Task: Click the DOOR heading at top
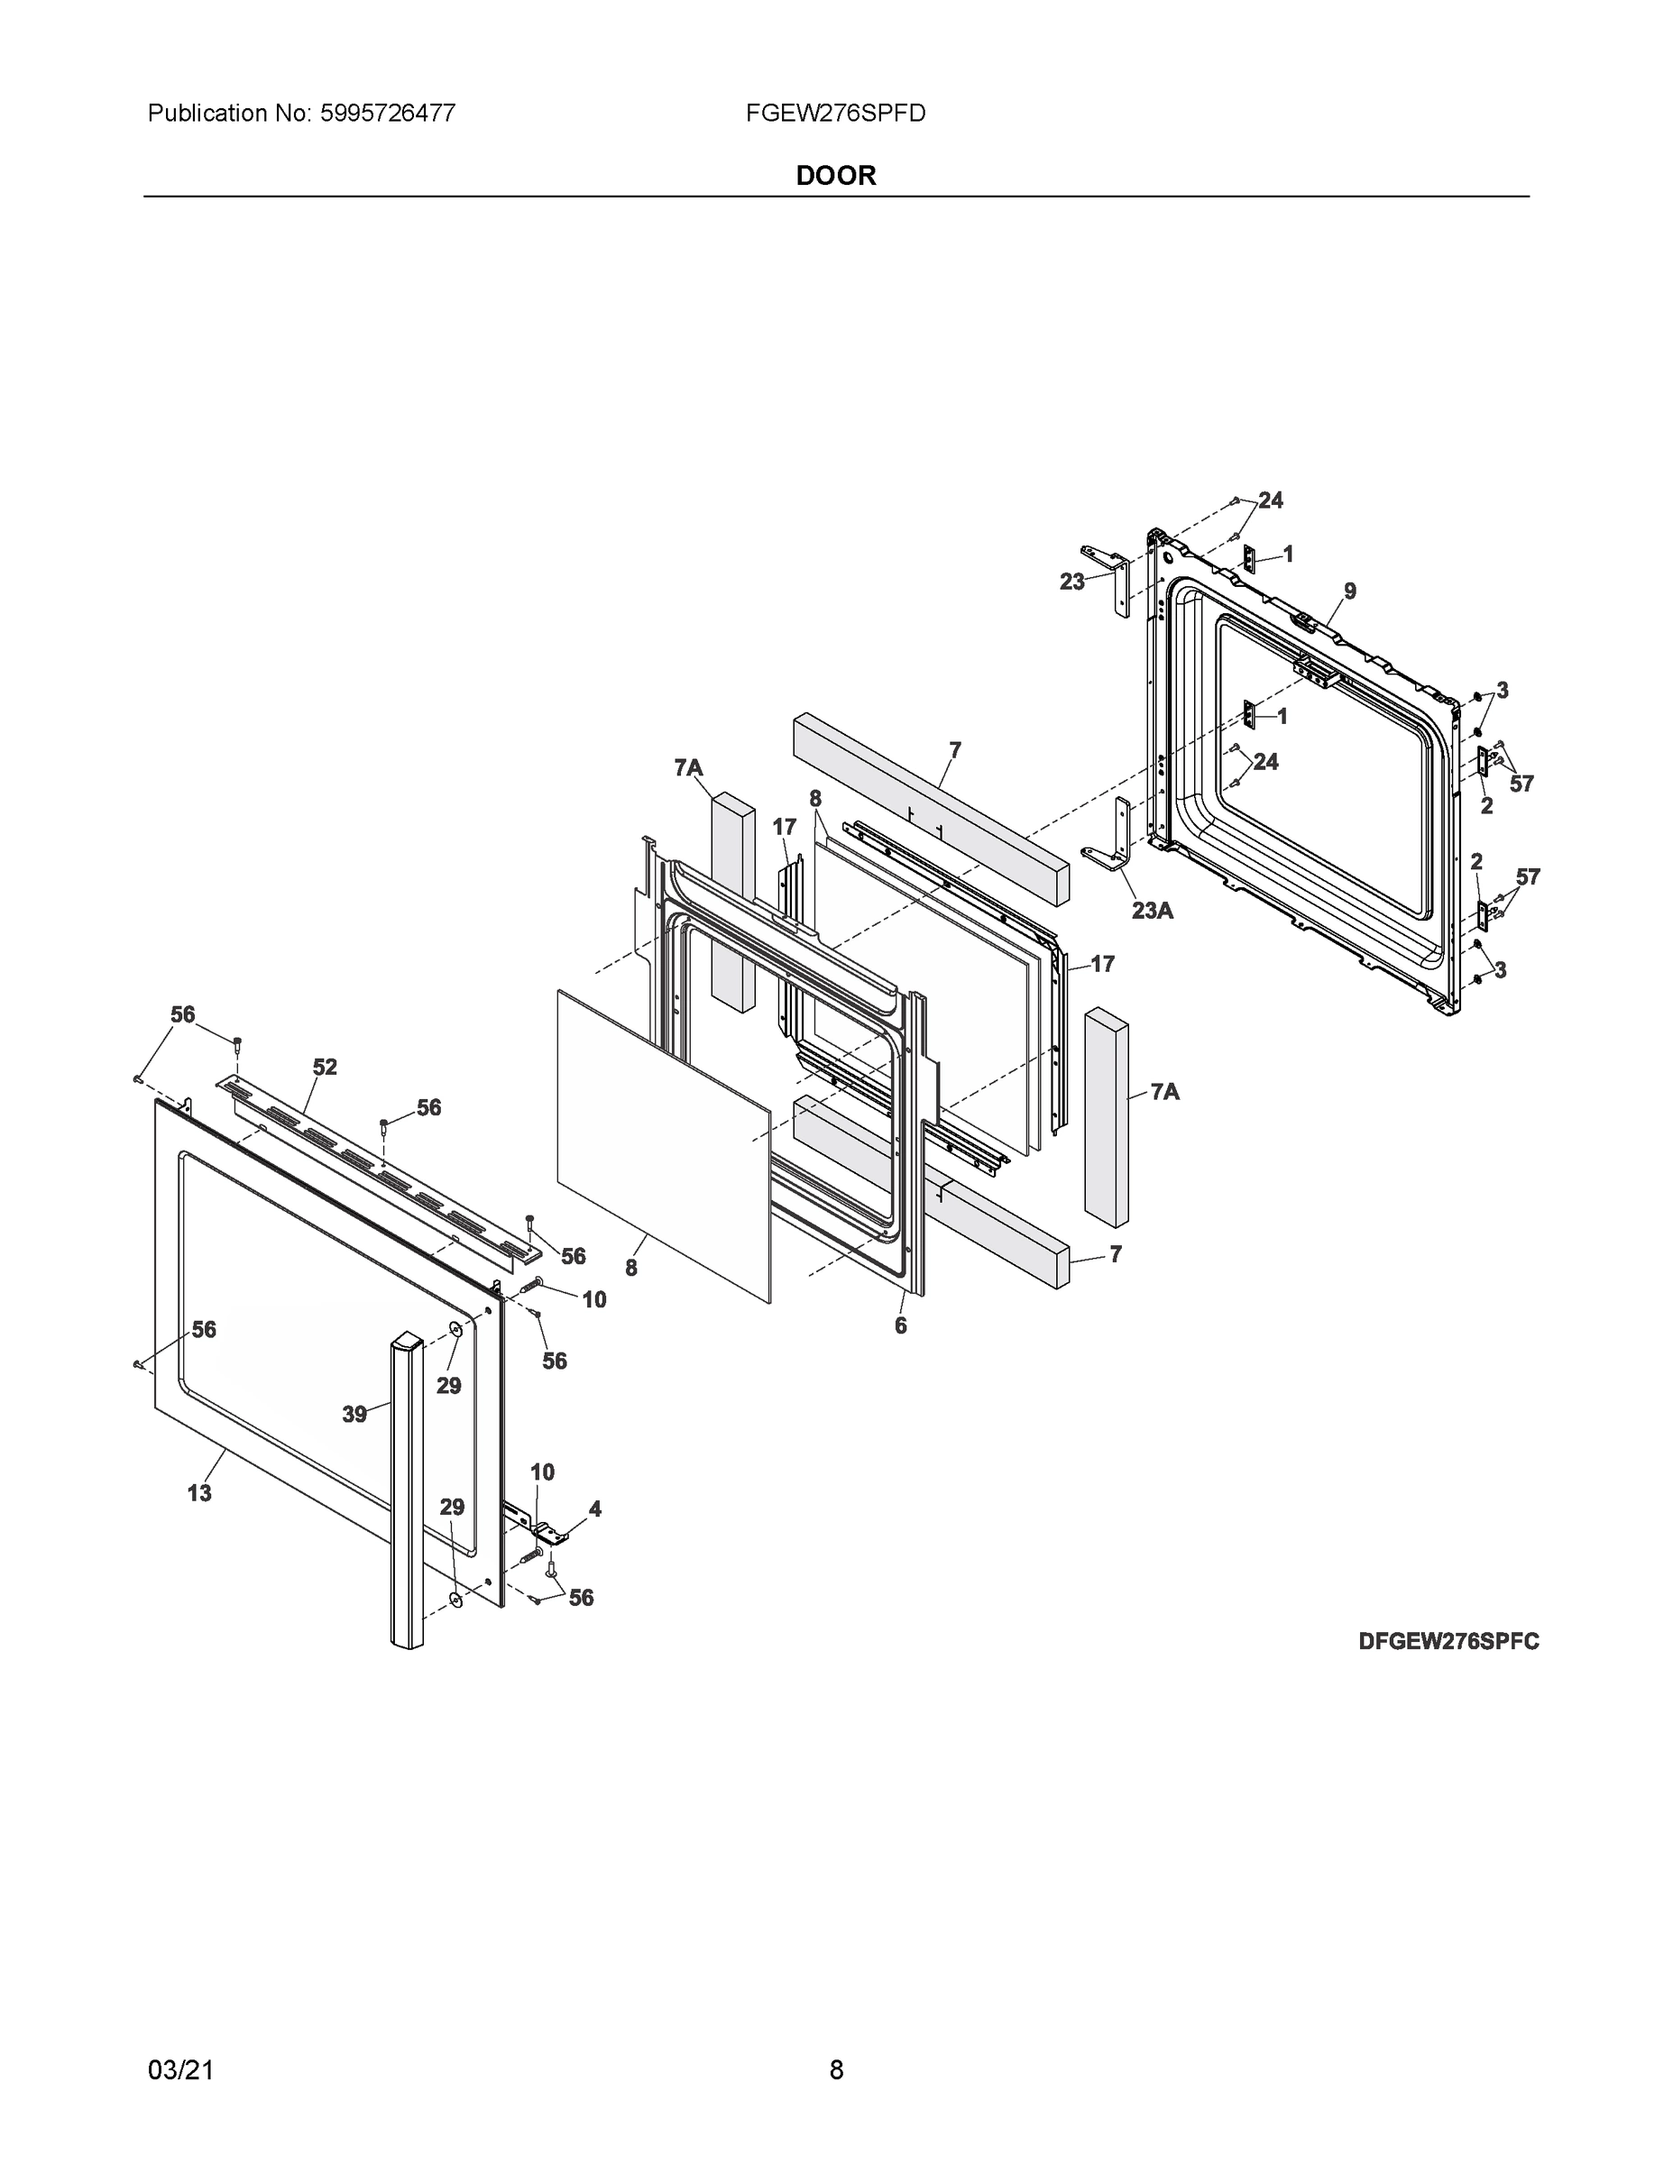(835, 176)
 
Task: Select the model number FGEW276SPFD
(835, 113)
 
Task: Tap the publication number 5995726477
(387, 113)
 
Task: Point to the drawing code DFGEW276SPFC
(1448, 1641)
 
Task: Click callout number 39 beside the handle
(354, 1414)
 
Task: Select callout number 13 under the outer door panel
(199, 1492)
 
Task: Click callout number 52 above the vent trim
(325, 1068)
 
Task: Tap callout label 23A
(1152, 910)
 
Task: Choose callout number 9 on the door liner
(1350, 591)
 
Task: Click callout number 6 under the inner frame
(900, 1325)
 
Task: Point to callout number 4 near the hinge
(594, 1508)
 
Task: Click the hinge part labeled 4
(549, 1534)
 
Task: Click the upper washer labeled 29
(455, 1329)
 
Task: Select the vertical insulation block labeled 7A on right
(1106, 1114)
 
